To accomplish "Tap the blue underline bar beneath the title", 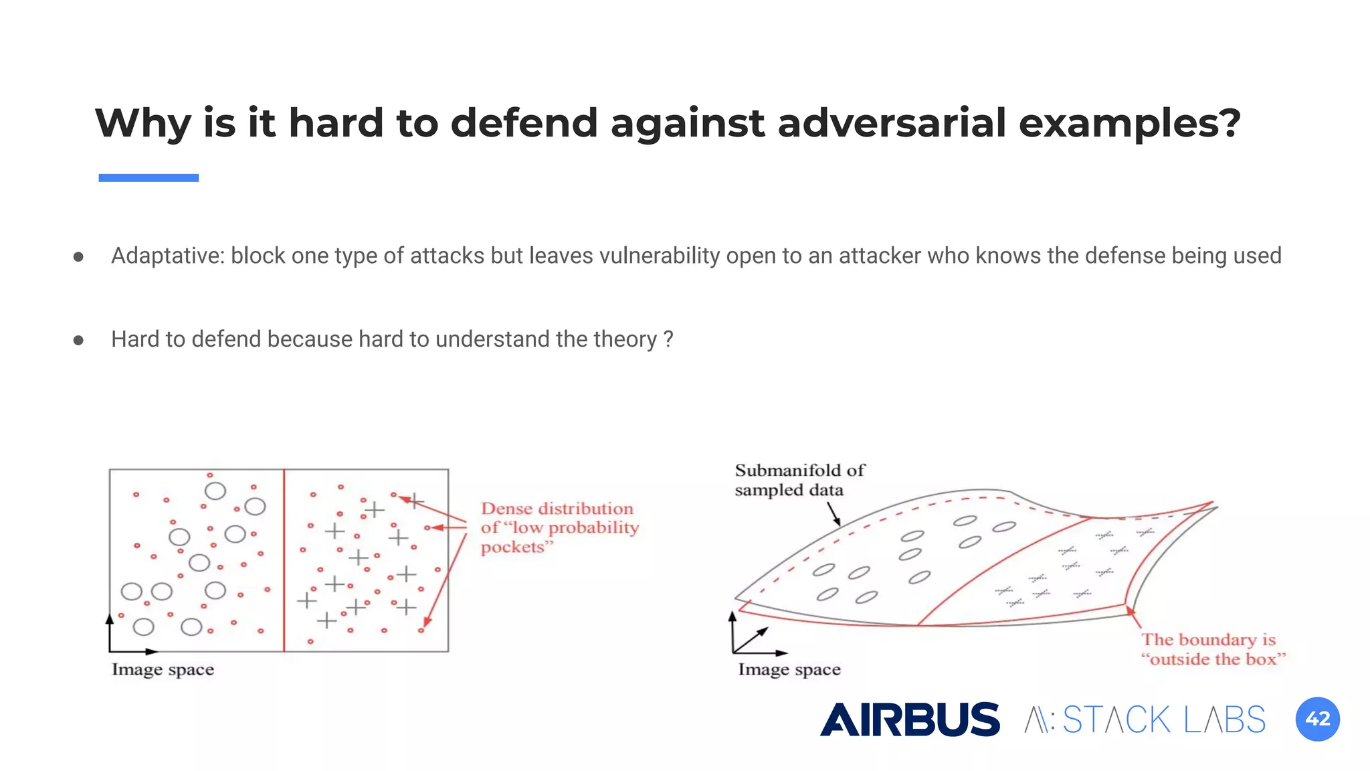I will pos(149,178).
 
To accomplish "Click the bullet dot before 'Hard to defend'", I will pos(78,340).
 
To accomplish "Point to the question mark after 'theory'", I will pos(668,339).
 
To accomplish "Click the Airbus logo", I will pos(910,719).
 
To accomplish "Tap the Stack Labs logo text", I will pos(1145,720).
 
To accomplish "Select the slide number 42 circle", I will pos(1317,719).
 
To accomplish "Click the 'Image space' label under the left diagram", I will pos(163,670).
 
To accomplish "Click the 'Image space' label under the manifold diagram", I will pos(789,670).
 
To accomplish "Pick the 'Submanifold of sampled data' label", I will pos(799,480).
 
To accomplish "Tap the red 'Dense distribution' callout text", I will pos(559,527).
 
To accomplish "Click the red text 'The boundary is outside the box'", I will pos(1212,649).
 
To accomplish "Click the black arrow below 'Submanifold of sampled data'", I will pos(834,513).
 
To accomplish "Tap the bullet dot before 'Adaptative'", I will pos(78,256).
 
